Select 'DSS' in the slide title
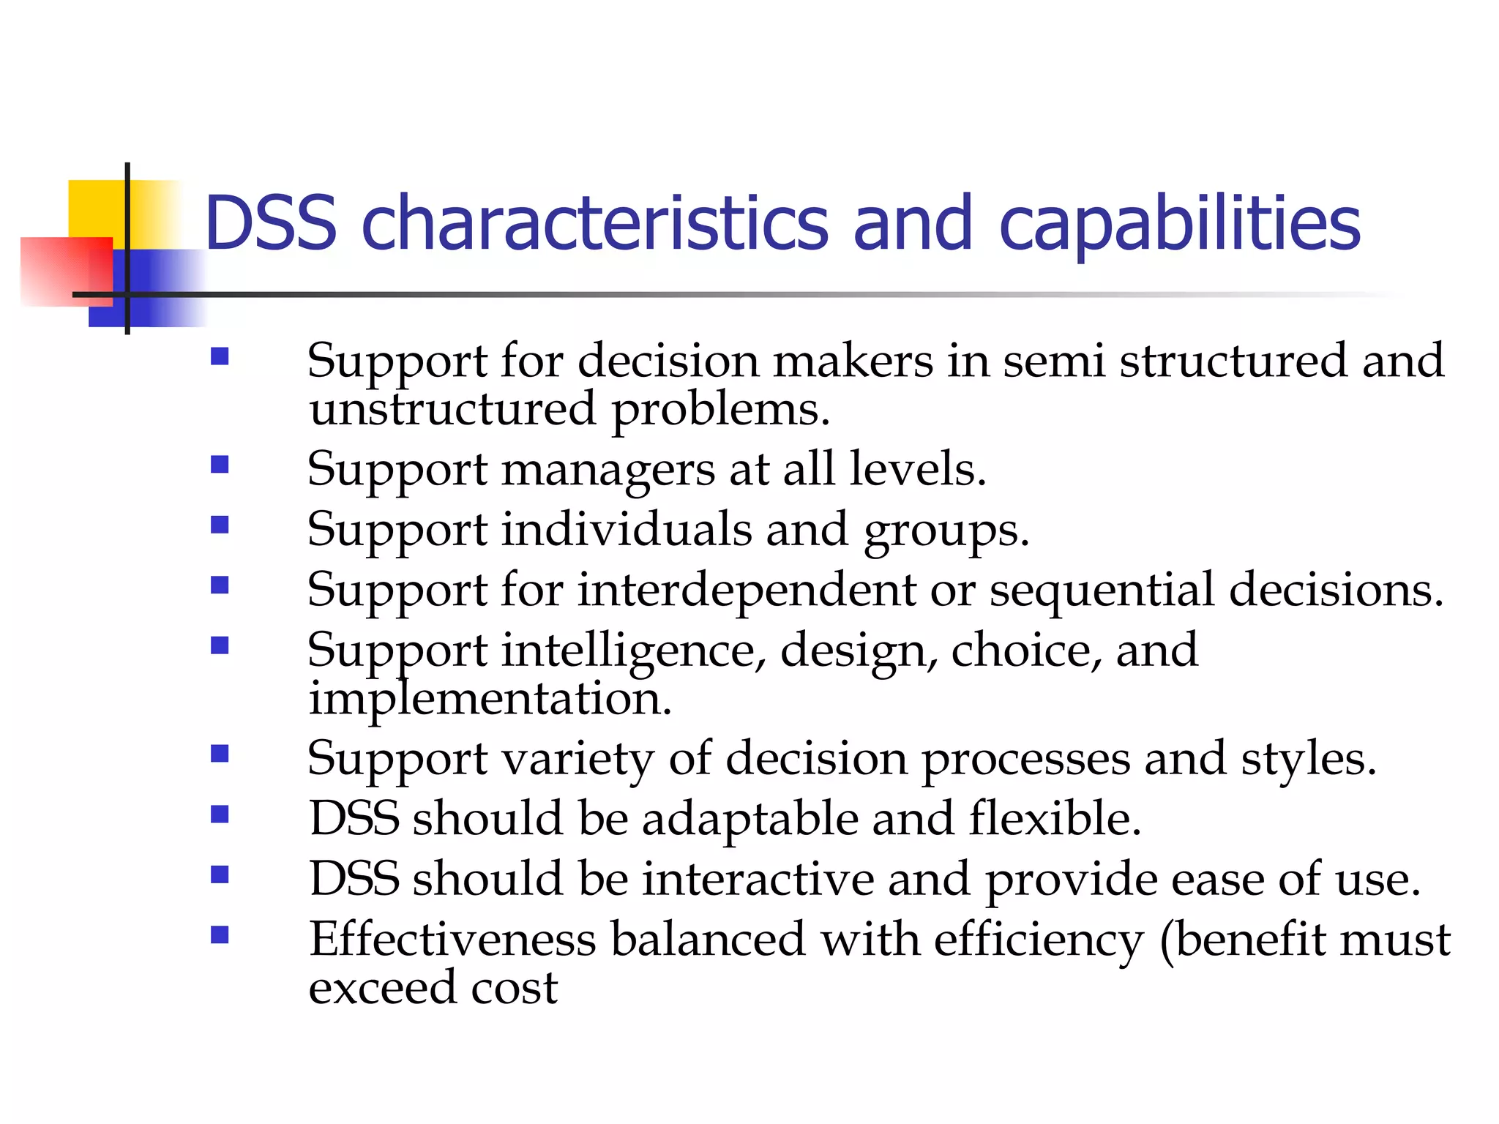point(271,223)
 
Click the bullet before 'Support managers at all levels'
point(220,465)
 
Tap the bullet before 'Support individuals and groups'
point(220,525)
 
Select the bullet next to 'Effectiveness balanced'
point(220,934)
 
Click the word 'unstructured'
point(452,410)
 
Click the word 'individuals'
point(627,529)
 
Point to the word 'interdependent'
point(747,591)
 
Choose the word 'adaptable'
point(750,820)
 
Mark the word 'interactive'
point(758,879)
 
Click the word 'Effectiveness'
point(452,939)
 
